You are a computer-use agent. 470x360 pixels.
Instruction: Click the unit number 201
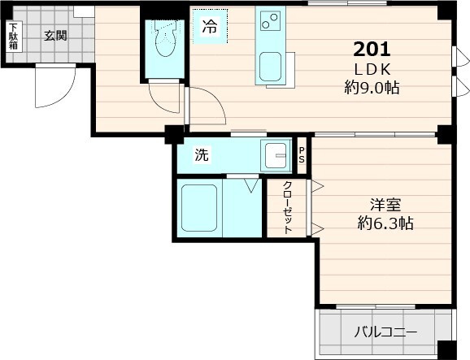point(372,48)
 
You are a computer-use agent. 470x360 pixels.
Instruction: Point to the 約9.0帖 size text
point(372,88)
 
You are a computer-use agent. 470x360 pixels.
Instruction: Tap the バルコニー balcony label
point(385,332)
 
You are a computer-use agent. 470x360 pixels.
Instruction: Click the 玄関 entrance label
point(55,35)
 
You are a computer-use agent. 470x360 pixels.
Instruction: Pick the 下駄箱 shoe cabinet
point(13,37)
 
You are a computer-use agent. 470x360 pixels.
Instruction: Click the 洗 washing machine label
point(200,154)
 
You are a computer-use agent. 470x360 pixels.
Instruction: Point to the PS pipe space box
point(302,156)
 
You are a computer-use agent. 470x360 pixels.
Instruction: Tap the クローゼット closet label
point(287,208)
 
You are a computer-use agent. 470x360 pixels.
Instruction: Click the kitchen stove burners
point(269,19)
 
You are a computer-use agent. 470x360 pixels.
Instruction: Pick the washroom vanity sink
point(276,154)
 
